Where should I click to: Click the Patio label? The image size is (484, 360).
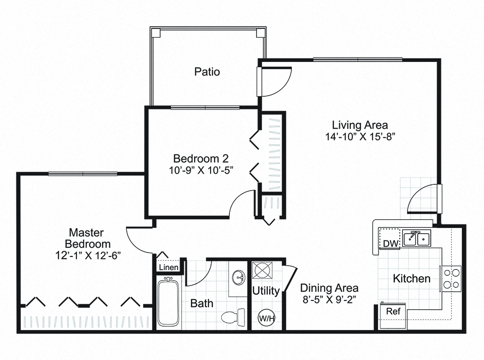(x=207, y=72)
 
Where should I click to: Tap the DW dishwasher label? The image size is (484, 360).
(x=389, y=243)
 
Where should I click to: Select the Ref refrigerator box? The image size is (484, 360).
(x=393, y=311)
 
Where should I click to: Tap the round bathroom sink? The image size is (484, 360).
(x=238, y=278)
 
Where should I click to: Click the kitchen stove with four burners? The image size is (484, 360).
(x=452, y=279)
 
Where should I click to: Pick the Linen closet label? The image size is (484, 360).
(x=168, y=267)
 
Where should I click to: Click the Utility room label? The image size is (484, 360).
(x=266, y=291)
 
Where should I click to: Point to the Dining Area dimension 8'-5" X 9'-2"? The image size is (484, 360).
(x=329, y=299)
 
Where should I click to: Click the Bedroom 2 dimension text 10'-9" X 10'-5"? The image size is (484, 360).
(x=201, y=170)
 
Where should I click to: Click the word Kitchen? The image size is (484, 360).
(x=411, y=279)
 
